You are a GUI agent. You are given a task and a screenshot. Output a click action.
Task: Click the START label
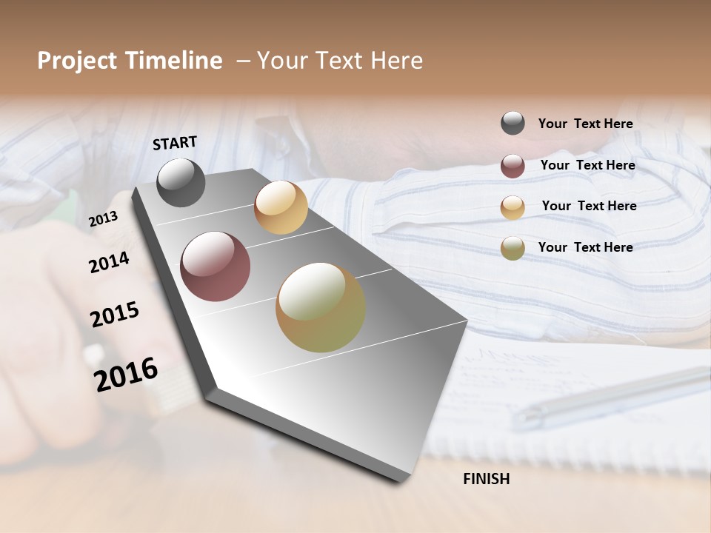[175, 143]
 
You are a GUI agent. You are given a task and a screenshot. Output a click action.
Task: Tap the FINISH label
[487, 479]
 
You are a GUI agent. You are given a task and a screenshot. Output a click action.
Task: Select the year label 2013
[103, 219]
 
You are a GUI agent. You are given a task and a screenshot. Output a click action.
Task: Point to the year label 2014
[110, 263]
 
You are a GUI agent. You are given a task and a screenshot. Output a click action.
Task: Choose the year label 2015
[115, 315]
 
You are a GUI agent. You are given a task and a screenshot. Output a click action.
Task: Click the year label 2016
[126, 375]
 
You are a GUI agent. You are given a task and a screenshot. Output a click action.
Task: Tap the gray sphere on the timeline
[181, 182]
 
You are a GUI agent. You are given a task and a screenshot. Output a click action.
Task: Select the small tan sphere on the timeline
[281, 207]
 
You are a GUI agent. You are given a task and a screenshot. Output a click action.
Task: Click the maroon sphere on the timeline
[216, 266]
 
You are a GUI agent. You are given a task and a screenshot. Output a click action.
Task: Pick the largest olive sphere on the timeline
[321, 307]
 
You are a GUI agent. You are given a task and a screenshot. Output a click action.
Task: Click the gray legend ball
[513, 124]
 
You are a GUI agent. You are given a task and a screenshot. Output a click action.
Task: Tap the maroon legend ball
[513, 166]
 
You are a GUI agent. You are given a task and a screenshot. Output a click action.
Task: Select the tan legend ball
[513, 207]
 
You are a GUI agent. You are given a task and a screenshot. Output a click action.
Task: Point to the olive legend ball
[513, 248]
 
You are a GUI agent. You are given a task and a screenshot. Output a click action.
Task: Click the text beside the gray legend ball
[585, 124]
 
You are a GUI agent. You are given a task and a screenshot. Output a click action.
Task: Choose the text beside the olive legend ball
[585, 247]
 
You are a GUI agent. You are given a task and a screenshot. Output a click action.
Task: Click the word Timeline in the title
[173, 61]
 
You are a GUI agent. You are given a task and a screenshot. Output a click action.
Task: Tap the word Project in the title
[76, 61]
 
